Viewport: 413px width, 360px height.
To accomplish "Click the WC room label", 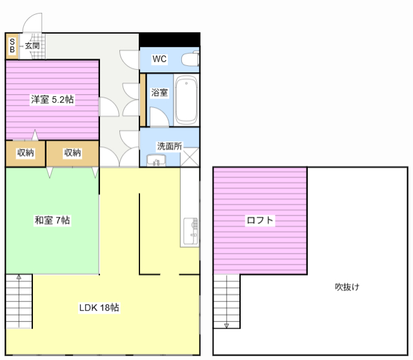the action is click(x=159, y=59).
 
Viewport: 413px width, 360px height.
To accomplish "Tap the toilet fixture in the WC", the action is click(x=190, y=59).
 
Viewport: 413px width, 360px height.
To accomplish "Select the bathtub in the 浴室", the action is click(x=186, y=100).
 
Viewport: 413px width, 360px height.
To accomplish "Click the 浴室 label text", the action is click(x=159, y=92).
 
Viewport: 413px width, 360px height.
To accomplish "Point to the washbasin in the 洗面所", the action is click(x=156, y=160).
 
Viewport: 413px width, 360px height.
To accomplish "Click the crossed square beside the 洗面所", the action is click(x=190, y=157).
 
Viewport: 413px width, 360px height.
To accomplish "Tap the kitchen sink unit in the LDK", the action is click(x=190, y=232).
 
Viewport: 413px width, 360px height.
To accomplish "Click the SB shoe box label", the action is click(x=12, y=46).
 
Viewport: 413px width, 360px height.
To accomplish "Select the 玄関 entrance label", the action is click(x=32, y=46).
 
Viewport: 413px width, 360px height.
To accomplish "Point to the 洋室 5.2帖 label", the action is click(x=52, y=99).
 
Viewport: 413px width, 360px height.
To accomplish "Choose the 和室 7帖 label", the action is click(x=52, y=220).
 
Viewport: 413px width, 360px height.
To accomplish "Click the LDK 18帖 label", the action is click(x=99, y=307).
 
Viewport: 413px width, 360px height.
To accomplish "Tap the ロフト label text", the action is click(x=260, y=220).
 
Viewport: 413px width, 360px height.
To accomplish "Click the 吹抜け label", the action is click(x=347, y=287).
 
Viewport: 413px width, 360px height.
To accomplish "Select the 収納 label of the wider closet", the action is click(x=72, y=152).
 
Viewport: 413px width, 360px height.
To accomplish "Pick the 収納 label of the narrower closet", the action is click(x=26, y=152).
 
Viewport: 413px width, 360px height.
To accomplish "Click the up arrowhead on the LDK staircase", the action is click(x=19, y=277).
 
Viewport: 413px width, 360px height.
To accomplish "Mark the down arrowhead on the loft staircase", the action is click(x=227, y=326).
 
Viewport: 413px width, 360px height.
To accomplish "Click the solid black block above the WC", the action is click(x=170, y=39).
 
